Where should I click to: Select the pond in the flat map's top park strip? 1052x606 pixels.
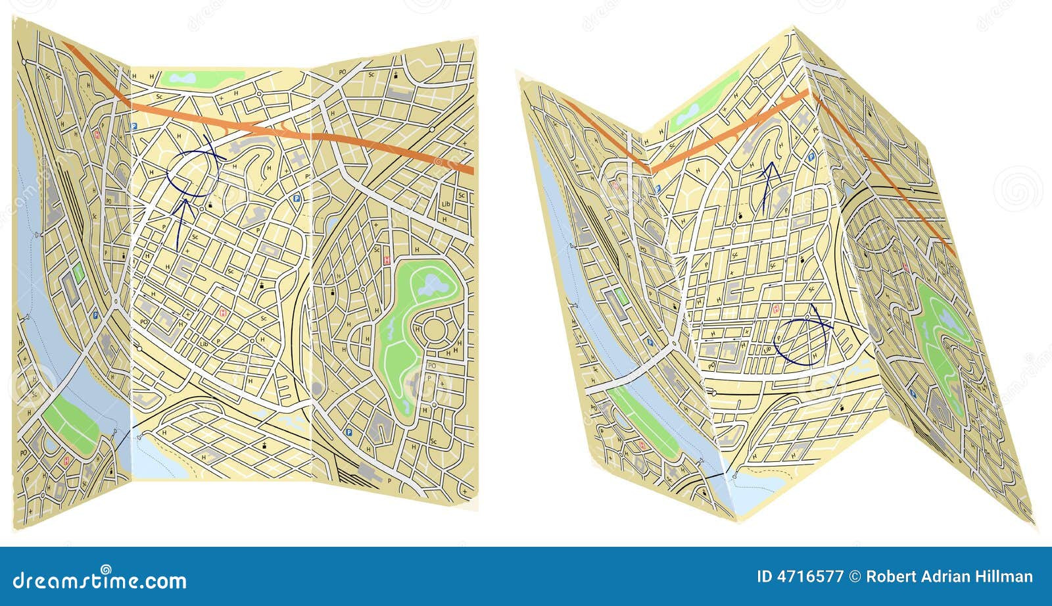tap(181, 78)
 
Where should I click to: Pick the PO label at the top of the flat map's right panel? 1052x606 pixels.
tap(342, 72)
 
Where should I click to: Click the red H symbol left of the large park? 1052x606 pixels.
tap(387, 261)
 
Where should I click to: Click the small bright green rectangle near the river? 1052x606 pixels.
tap(79, 272)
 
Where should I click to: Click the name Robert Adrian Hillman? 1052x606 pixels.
tap(949, 577)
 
